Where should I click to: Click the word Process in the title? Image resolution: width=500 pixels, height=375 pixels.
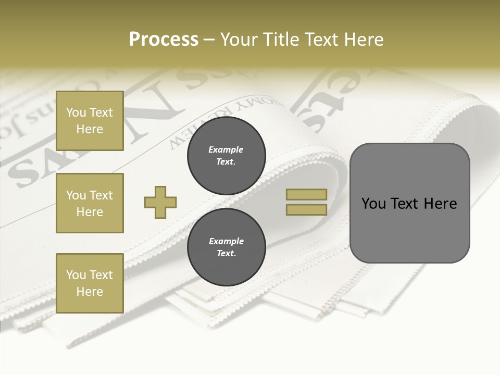pos(164,40)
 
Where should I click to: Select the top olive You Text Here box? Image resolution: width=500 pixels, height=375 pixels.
pos(90,121)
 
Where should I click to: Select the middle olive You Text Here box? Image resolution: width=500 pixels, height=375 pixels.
pos(90,203)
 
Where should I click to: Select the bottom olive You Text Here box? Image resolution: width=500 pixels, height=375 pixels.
pos(90,283)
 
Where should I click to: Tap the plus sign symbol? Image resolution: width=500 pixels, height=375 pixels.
pos(160,202)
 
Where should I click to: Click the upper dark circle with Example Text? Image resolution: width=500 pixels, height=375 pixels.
pos(226,156)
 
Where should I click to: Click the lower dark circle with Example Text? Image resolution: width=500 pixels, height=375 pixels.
pos(226,247)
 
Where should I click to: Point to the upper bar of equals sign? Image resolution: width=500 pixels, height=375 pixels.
pos(306,194)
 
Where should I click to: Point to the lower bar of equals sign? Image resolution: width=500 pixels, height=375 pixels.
pos(306,209)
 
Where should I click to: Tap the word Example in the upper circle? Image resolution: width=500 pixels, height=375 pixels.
pos(226,149)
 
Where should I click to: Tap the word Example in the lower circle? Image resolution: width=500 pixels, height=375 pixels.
pos(226,241)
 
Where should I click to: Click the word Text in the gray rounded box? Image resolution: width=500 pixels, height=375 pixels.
pos(405,204)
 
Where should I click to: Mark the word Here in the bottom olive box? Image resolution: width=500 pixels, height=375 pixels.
pos(90,292)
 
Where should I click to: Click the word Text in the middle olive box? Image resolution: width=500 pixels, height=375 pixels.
pos(101,195)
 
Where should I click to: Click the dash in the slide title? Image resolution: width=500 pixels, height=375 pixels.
pos(209,40)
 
